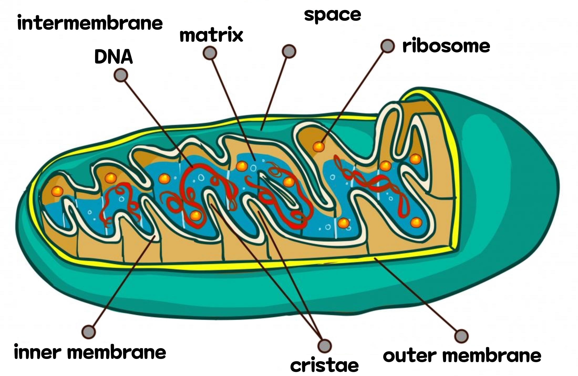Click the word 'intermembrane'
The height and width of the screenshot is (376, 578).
90,23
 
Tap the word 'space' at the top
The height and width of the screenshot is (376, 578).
332,15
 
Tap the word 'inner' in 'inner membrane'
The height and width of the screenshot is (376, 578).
38,352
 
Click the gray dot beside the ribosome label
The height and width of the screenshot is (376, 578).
388,46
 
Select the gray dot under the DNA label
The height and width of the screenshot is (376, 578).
121,75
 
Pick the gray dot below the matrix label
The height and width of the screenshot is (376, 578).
210,53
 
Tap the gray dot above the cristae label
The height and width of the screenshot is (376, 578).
324,346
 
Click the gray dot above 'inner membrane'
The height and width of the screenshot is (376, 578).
89,332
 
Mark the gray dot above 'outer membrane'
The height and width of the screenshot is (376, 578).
461,336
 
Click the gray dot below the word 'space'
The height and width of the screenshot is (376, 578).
289,51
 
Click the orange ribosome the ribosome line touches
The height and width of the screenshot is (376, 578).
319,147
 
